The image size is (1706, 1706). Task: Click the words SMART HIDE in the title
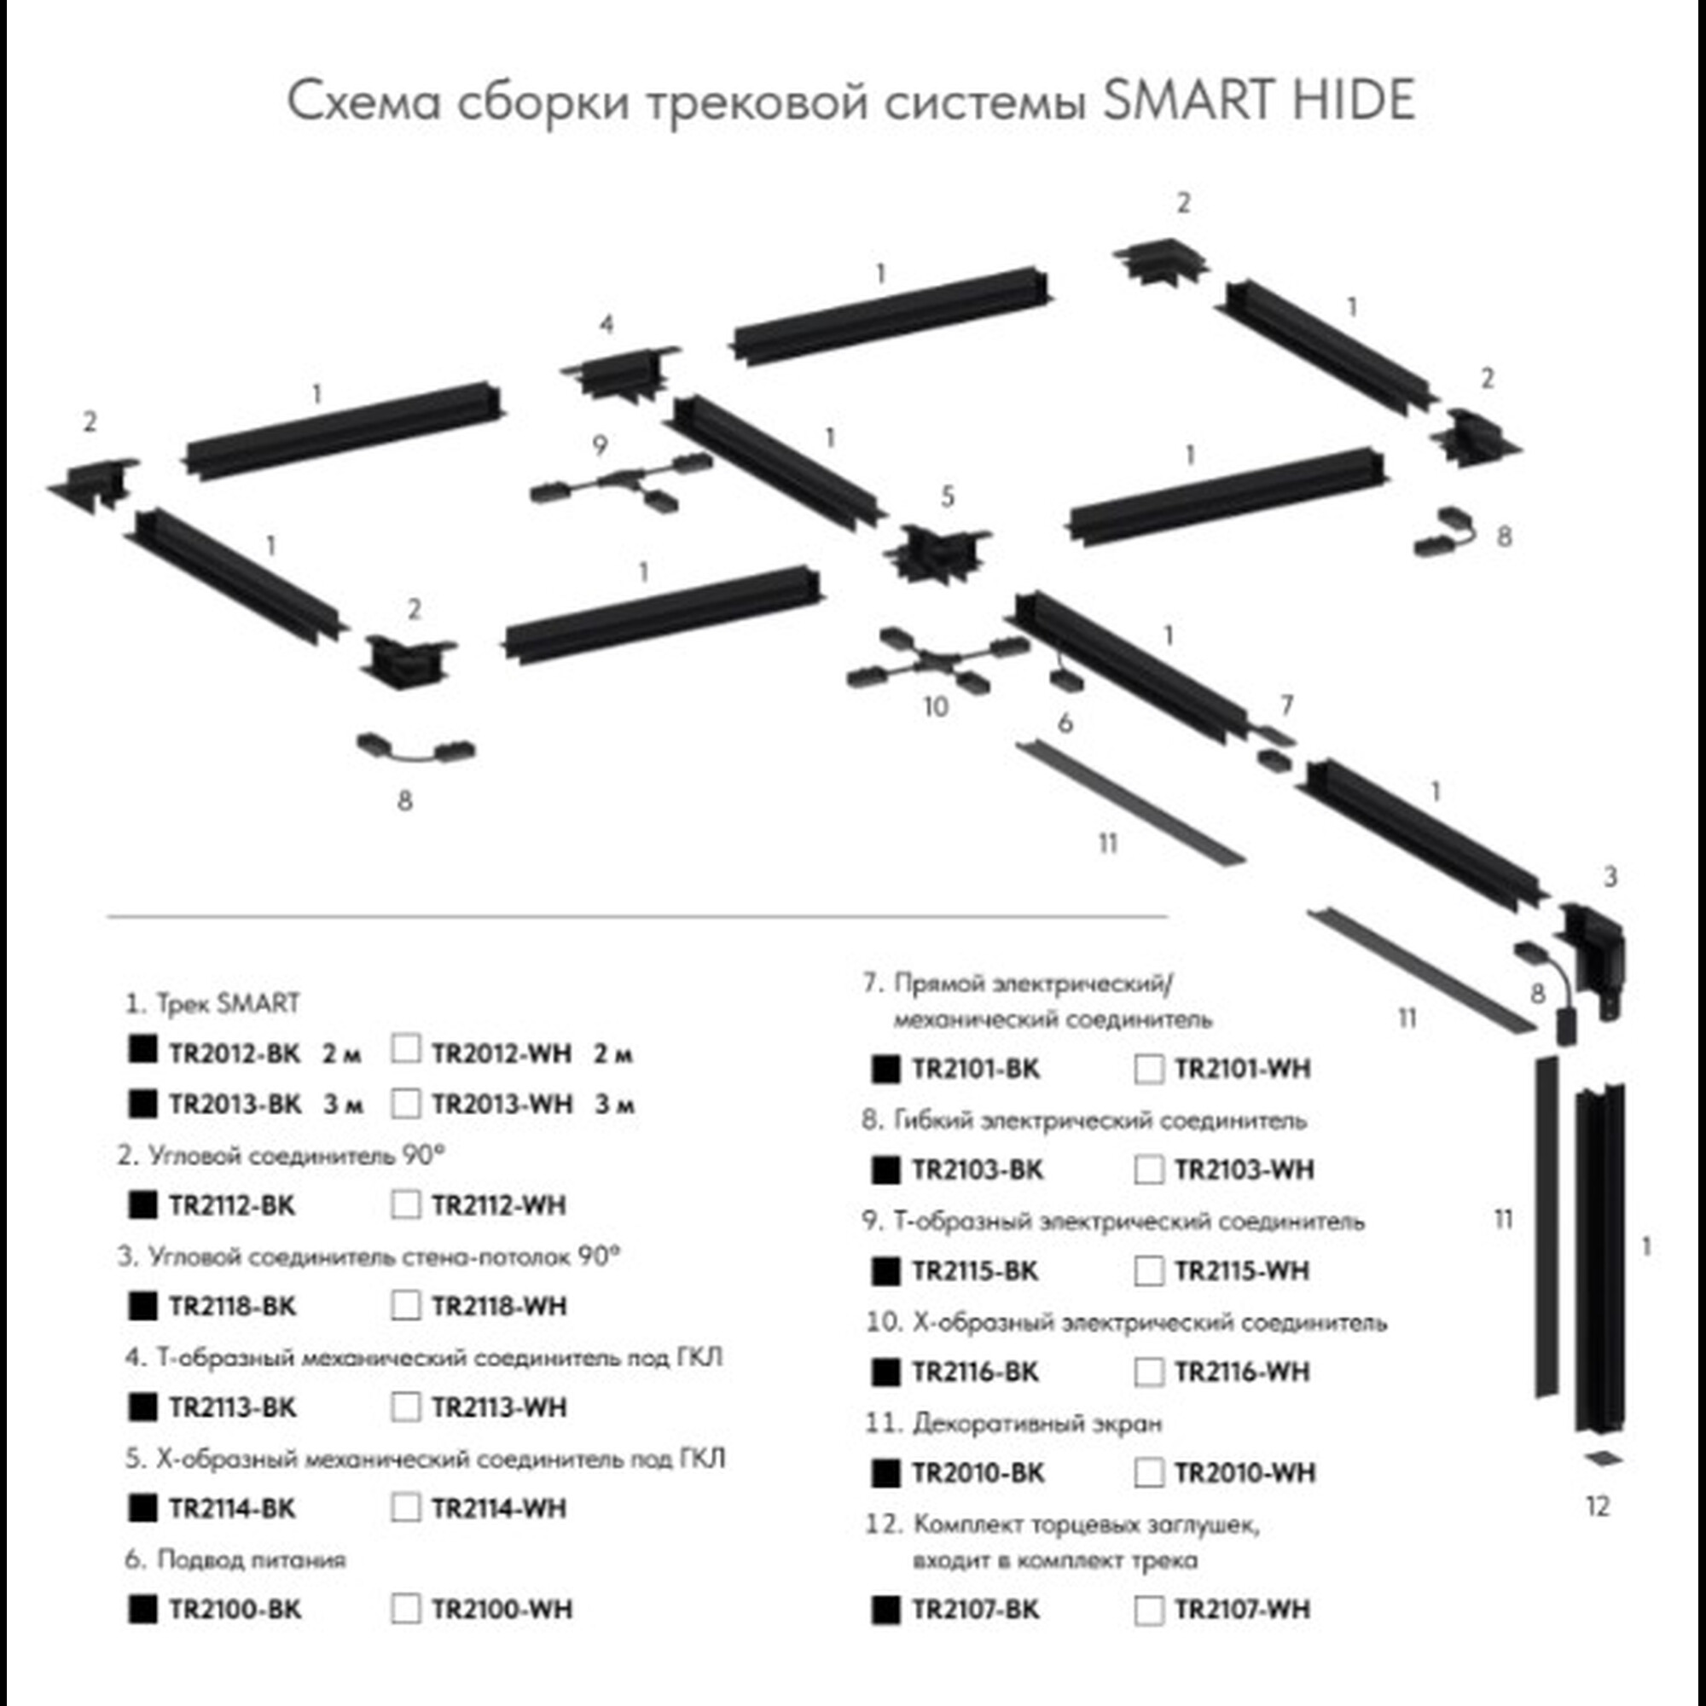click(x=1259, y=100)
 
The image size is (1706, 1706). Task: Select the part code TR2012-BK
click(x=234, y=1053)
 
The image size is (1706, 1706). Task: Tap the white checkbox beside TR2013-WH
click(x=405, y=1103)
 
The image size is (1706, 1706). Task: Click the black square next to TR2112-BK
click(x=142, y=1204)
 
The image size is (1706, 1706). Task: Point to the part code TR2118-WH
click(x=499, y=1306)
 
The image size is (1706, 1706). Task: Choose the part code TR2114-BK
click(x=232, y=1508)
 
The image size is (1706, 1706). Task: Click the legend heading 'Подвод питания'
click(x=251, y=1559)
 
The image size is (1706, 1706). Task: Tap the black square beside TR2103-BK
click(x=885, y=1170)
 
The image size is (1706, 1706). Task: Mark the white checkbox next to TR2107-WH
click(x=1149, y=1610)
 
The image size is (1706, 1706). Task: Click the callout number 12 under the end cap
click(x=1599, y=1506)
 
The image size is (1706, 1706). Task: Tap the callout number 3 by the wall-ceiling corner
click(x=1610, y=877)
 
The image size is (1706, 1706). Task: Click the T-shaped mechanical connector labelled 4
click(x=620, y=374)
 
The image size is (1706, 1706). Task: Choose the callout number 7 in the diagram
click(x=1286, y=705)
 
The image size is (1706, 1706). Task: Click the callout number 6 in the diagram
click(x=1065, y=723)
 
